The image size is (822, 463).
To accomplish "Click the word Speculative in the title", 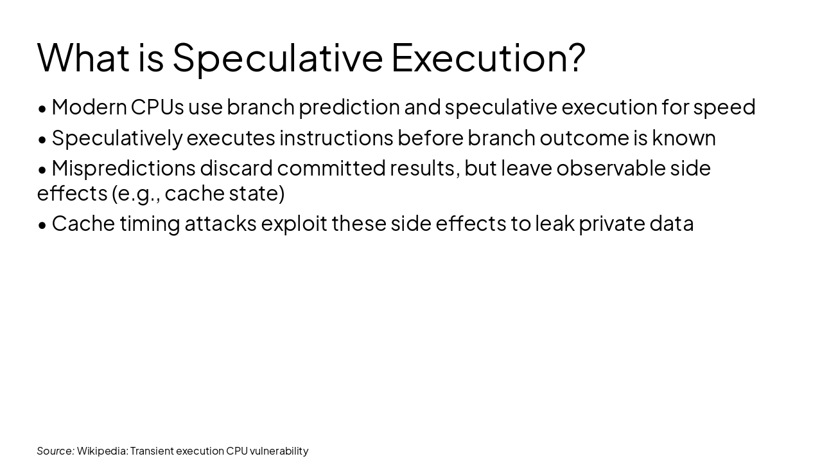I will click(277, 58).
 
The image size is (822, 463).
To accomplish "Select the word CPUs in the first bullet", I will click(157, 107).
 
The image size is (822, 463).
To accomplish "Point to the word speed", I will click(724, 107).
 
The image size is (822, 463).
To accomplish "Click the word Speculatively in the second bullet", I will click(117, 138).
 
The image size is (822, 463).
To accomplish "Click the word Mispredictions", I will click(123, 168).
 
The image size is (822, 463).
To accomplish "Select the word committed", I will click(331, 168).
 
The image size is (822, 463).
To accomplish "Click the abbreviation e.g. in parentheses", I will click(138, 193).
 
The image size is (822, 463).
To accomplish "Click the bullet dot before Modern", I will click(42, 108).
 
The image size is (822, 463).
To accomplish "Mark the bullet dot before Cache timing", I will click(42, 224).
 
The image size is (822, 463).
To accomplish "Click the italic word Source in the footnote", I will click(55, 451).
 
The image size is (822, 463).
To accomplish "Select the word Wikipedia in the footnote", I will click(101, 451).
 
